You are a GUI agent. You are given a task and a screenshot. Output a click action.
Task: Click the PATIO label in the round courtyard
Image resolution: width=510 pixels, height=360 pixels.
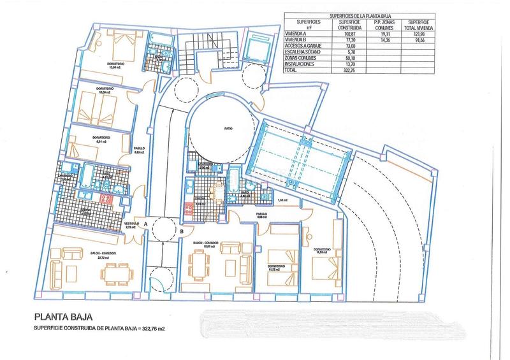(228, 129)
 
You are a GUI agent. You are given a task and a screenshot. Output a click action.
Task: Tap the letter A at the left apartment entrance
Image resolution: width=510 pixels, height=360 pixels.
(147, 224)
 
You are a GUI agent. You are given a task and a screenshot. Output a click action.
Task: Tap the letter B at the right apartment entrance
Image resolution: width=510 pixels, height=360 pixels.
(182, 231)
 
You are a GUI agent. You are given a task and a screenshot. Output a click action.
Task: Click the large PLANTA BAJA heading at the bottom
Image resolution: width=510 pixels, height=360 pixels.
(62, 316)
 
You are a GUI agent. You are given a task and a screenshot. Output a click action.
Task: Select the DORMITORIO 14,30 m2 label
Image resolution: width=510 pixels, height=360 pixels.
(321, 250)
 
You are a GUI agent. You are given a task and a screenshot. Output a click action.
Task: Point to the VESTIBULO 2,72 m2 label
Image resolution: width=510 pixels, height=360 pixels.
(131, 225)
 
